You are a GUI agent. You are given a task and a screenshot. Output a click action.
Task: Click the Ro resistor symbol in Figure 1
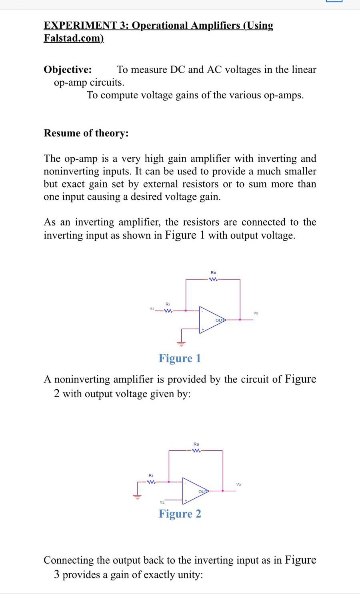[213, 279]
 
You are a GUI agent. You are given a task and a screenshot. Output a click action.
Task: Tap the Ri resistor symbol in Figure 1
[168, 310]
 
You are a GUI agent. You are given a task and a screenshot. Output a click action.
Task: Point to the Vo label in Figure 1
[256, 313]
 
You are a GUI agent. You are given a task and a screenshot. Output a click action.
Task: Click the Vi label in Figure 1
[152, 308]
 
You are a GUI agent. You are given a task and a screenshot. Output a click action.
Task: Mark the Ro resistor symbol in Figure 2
[196, 451]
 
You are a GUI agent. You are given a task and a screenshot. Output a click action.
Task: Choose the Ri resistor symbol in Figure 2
[151, 482]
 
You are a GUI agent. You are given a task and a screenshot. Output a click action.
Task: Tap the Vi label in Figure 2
[162, 502]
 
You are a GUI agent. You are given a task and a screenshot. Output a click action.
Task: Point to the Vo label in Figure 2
[239, 484]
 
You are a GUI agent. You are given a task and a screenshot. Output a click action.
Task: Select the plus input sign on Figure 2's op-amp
[186, 500]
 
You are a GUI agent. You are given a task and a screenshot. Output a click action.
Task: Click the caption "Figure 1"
[180, 358]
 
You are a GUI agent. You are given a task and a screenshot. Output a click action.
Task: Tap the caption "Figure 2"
[180, 514]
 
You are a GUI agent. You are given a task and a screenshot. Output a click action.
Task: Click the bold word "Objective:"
[68, 70]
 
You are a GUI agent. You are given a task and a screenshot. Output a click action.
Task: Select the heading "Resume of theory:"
[86, 133]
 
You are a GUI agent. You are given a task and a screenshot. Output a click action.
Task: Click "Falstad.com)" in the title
[74, 38]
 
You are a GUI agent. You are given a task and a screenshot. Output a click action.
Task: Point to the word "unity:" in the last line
[188, 575]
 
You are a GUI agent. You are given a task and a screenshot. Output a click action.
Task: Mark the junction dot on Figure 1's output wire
[240, 320]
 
